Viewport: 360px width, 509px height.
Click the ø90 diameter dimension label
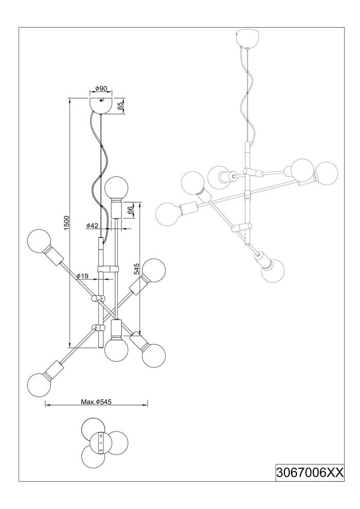[x=101, y=89]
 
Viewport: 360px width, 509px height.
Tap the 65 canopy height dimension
[x=121, y=106]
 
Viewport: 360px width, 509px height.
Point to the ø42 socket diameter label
[x=92, y=225]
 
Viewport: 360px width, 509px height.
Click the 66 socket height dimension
[x=131, y=210]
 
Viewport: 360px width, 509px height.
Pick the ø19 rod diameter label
[x=82, y=276]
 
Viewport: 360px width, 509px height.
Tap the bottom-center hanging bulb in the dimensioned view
[x=116, y=350]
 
